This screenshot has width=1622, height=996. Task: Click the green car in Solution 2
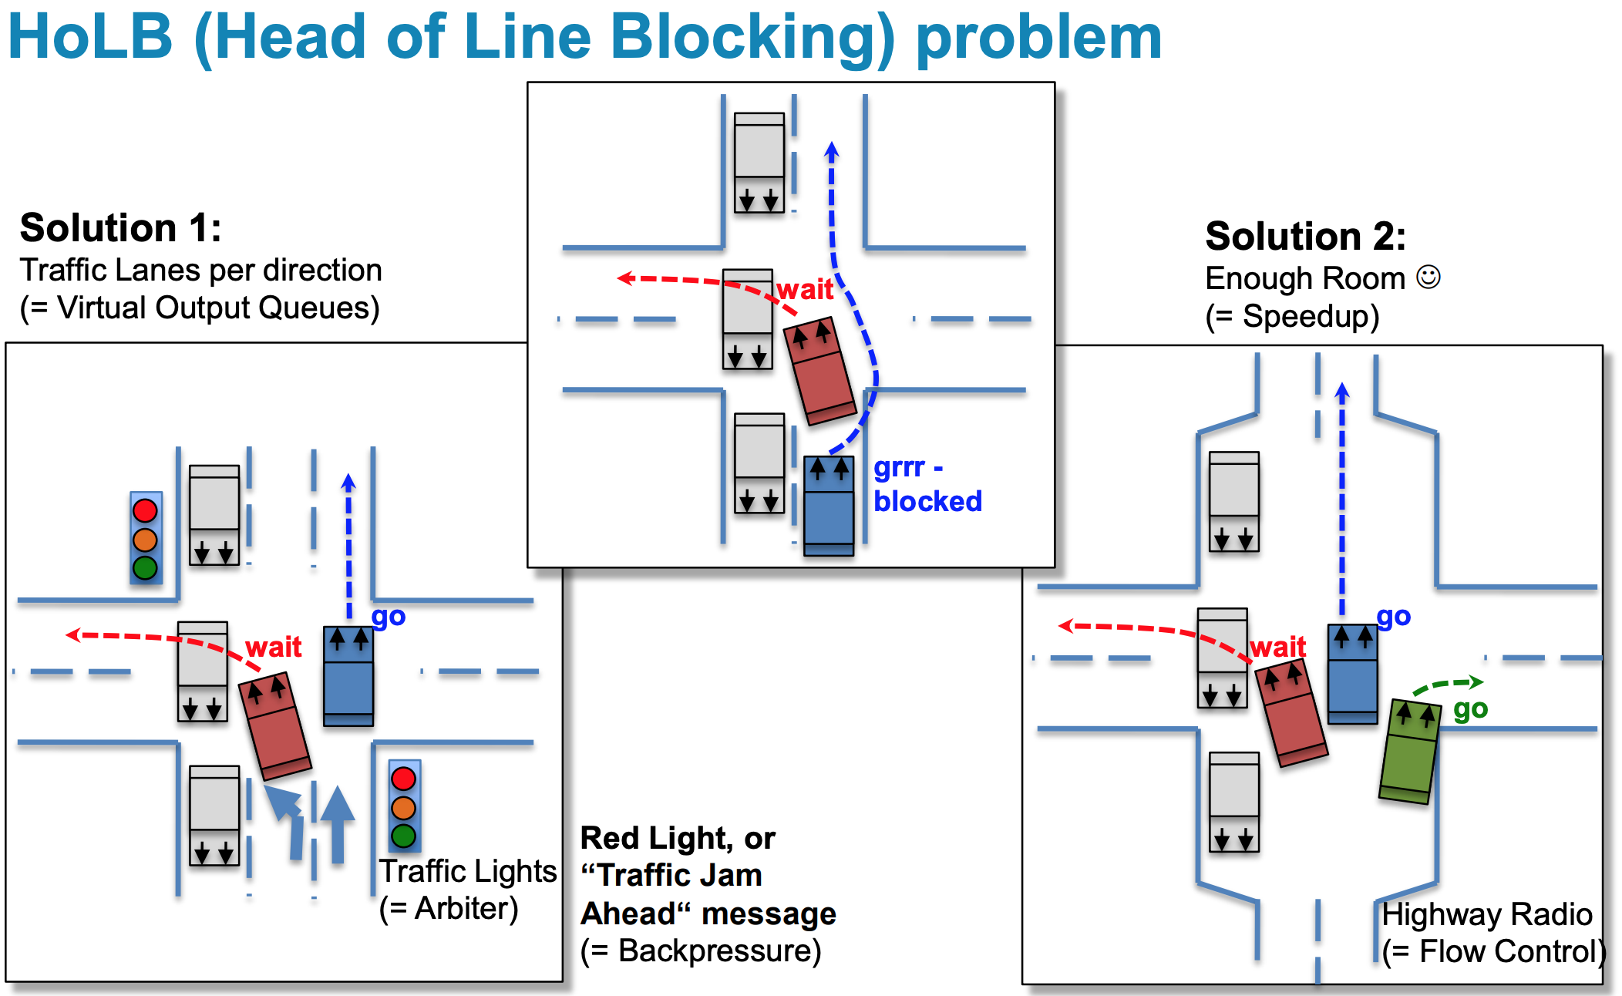[x=1409, y=752]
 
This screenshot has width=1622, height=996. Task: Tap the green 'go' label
[x=1470, y=709]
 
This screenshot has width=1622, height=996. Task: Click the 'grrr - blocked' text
[x=927, y=484]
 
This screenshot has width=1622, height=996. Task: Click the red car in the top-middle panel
[x=819, y=371]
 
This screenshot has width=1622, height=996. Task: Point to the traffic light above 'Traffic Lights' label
[x=403, y=806]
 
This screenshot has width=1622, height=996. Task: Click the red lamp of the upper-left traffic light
[x=145, y=510]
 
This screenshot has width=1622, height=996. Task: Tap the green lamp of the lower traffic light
[x=403, y=836]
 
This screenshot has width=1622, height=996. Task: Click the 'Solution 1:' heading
[x=121, y=228]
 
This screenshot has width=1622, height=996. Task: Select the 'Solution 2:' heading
[x=1305, y=237]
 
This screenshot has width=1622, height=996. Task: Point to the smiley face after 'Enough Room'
[x=1429, y=278]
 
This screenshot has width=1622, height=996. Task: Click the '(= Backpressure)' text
[x=701, y=951]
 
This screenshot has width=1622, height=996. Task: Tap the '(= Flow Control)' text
[x=1493, y=952]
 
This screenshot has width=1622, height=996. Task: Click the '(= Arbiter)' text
[x=449, y=909]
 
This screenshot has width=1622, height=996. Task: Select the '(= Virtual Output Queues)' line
[x=200, y=308]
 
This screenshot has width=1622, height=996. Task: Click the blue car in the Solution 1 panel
[x=348, y=676]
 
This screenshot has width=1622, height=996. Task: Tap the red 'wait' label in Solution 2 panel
[x=1277, y=647]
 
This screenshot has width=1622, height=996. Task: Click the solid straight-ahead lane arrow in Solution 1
[x=337, y=825]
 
